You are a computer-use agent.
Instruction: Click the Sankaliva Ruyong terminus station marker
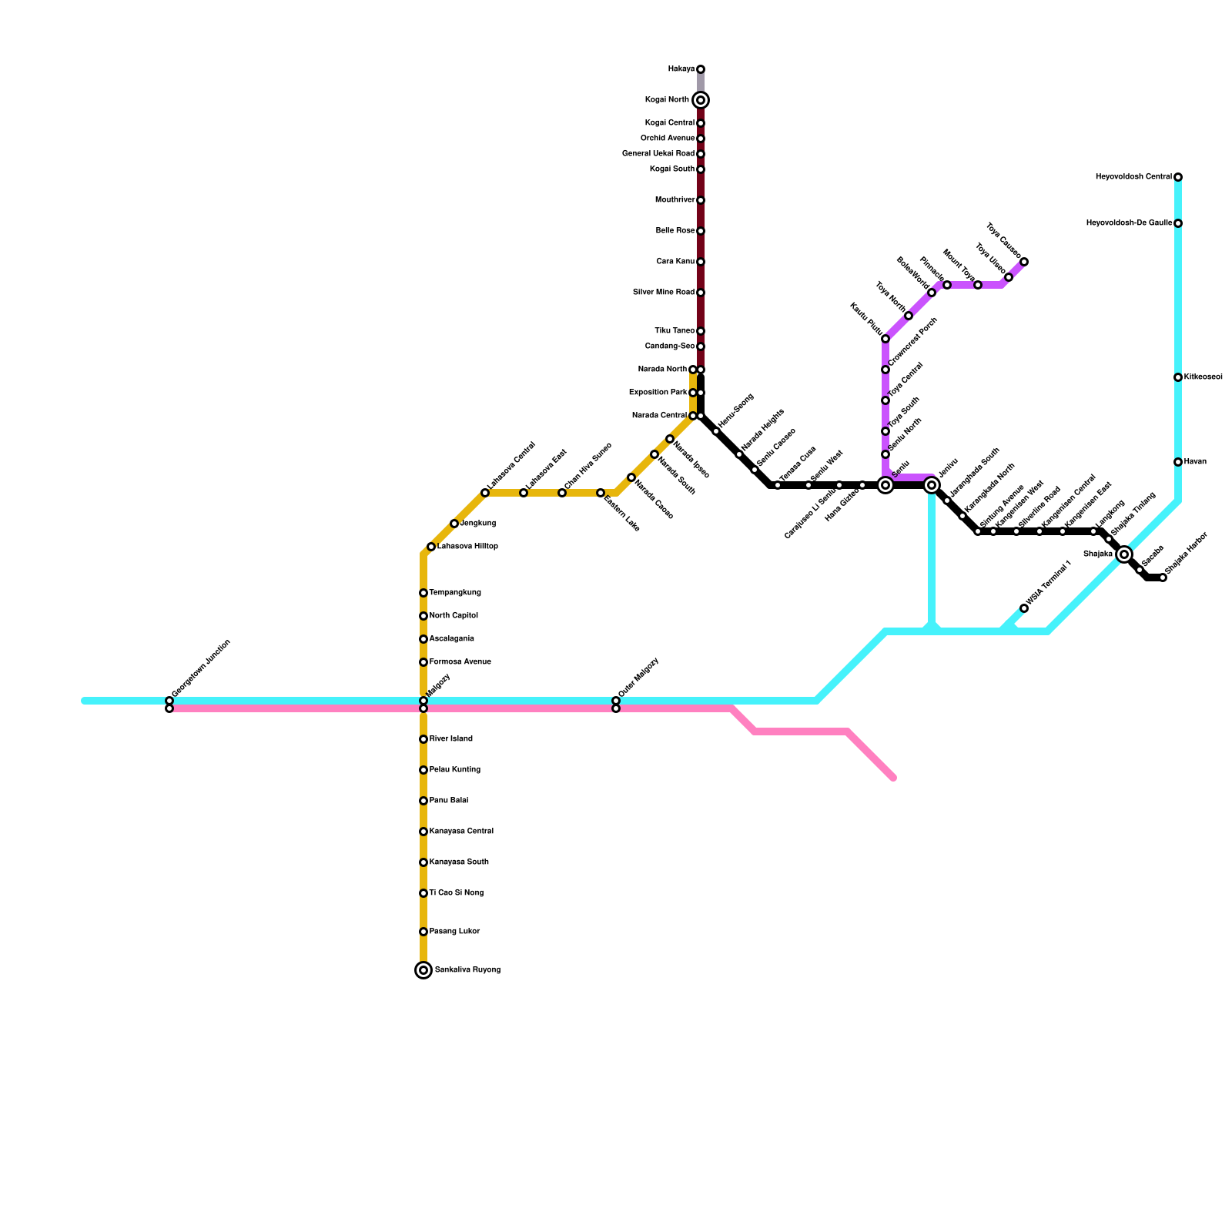pos(423,970)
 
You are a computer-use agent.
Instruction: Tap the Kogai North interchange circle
pos(701,100)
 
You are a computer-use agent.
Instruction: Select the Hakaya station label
pos(681,69)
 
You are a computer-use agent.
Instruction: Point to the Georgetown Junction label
pos(201,669)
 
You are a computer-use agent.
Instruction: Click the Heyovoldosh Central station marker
pos(1178,177)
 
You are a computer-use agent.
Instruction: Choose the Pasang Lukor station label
pos(454,932)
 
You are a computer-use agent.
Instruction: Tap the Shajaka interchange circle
pos(1124,554)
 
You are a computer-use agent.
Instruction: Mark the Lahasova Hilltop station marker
pos(431,547)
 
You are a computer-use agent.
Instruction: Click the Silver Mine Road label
pos(663,293)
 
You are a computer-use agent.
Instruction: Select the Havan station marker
pos(1178,462)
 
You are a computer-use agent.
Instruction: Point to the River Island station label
pos(450,739)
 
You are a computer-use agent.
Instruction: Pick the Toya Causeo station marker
pos(1024,262)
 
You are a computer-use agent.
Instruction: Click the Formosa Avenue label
pos(460,662)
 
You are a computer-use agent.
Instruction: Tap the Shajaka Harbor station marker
pos(1163,577)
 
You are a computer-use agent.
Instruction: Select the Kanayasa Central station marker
pos(423,832)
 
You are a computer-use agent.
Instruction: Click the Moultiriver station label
pos(675,200)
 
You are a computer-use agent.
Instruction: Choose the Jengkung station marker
pos(454,524)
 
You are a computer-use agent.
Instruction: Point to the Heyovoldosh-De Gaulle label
pos(1129,223)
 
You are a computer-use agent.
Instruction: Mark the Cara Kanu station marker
pos(701,262)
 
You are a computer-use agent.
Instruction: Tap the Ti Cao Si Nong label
pos(456,893)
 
